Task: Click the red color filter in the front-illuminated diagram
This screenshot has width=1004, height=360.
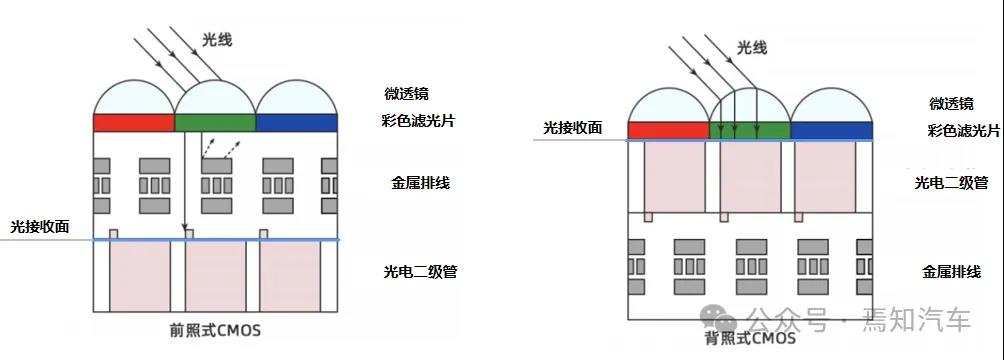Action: coord(134,122)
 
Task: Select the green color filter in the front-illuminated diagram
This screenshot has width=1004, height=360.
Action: coord(215,122)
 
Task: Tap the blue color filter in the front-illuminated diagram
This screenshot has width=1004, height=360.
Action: coord(297,122)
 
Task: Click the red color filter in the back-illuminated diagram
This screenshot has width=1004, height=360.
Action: coord(668,130)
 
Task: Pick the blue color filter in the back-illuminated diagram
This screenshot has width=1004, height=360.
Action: coord(831,130)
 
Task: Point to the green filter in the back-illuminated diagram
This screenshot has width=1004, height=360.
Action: coord(750,130)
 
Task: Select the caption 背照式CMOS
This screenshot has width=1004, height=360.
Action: coord(751,338)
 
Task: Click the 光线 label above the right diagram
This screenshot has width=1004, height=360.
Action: coord(752,47)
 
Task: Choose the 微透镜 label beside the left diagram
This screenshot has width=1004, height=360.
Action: coord(406,94)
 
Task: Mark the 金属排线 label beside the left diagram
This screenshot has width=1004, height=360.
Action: coord(420,183)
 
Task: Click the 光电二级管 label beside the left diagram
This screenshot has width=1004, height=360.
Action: coord(420,271)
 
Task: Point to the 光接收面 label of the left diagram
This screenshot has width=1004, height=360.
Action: coord(40,227)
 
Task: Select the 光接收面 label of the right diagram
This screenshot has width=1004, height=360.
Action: coord(573,127)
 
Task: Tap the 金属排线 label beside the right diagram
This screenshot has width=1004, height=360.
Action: coord(950,271)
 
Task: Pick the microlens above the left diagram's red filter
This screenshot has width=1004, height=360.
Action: coord(134,98)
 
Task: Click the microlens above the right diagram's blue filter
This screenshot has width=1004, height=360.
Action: coord(831,107)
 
